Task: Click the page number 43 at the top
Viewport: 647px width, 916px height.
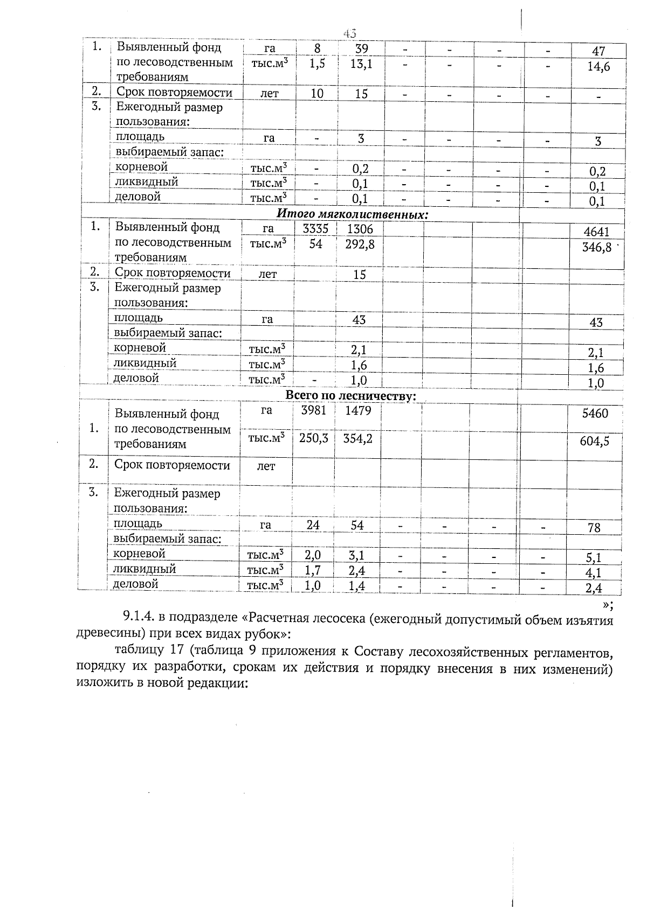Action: point(350,33)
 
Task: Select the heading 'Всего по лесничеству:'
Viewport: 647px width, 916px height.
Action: point(350,396)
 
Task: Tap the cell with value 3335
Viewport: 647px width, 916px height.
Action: point(315,229)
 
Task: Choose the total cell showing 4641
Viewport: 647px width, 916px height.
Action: point(596,232)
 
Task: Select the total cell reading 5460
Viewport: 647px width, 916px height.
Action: point(595,414)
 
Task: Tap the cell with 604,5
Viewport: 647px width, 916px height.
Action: point(595,442)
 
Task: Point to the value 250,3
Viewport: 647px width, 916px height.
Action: point(313,438)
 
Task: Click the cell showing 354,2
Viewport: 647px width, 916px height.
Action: point(357,438)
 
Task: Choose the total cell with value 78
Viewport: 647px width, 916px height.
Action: point(594,528)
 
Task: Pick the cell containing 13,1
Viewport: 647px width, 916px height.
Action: point(361,64)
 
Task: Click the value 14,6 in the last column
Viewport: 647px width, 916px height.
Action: point(598,67)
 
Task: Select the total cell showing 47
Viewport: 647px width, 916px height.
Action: point(598,52)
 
